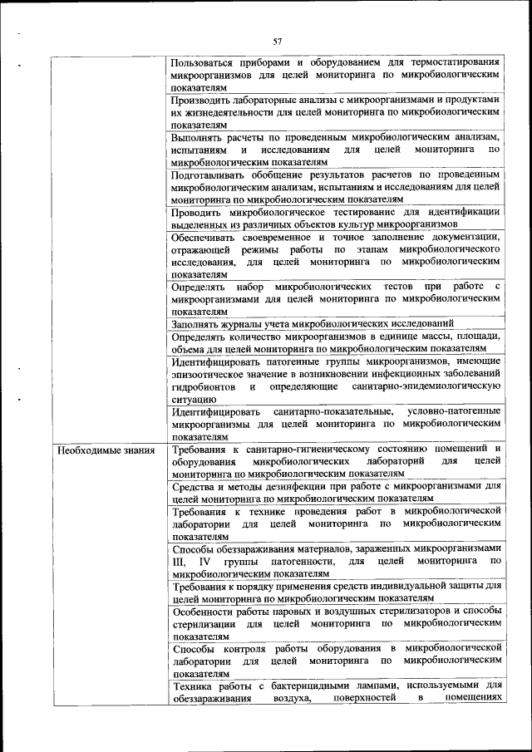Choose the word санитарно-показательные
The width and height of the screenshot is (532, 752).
(x=330, y=412)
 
